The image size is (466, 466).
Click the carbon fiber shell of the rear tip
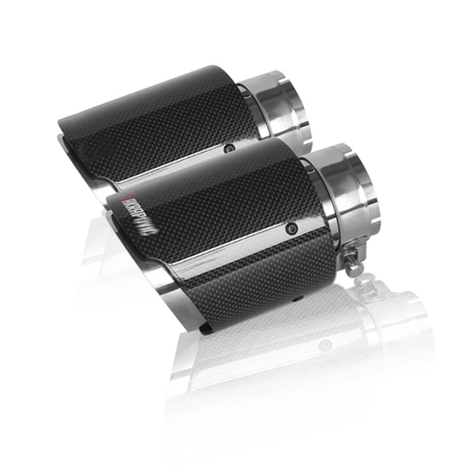(157, 116)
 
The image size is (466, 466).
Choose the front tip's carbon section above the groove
(221, 198)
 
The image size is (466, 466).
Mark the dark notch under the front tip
(205, 329)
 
